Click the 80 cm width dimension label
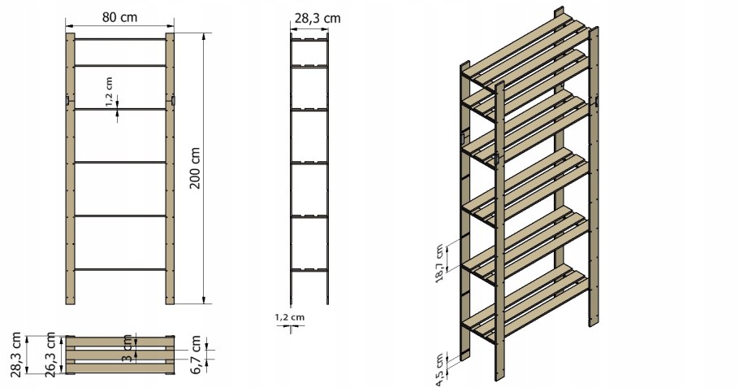click(119, 17)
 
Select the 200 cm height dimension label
click(195, 168)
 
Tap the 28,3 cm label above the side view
click(318, 19)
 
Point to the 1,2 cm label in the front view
click(110, 92)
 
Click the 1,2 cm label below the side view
click(290, 317)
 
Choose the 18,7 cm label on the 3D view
click(439, 264)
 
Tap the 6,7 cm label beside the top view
click(196, 355)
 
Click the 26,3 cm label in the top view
click(50, 355)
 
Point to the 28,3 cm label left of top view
click(16, 355)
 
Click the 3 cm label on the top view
click(127, 349)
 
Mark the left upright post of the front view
click(70, 168)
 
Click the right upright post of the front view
click(170, 168)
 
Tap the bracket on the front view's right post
click(173, 101)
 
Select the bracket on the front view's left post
click(67, 101)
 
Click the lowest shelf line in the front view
click(119, 269)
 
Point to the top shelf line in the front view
click(119, 39)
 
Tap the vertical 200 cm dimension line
click(204, 168)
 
